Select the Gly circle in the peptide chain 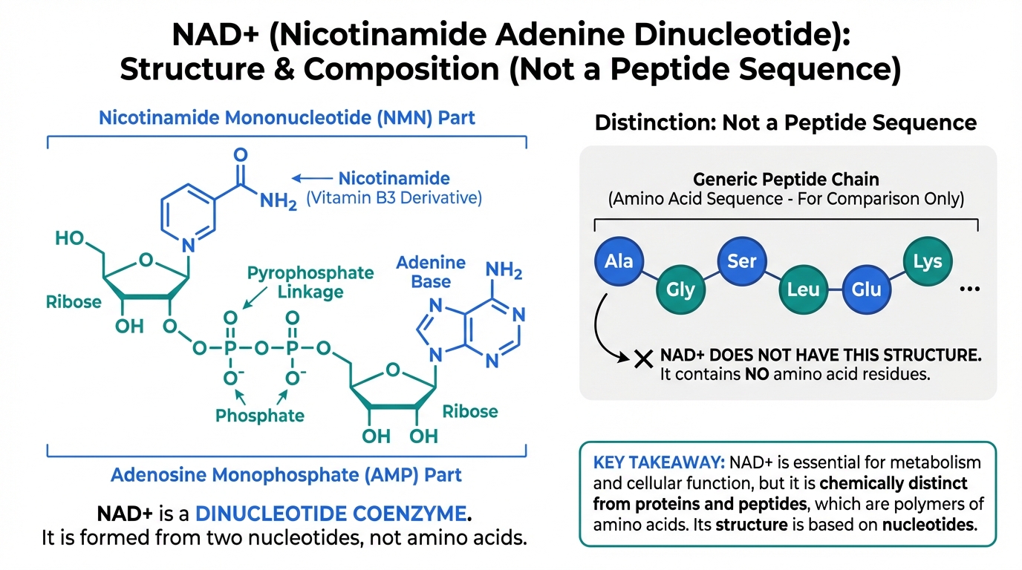[680, 289]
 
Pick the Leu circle [803, 289]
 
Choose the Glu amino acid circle [866, 289]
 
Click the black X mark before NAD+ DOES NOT [643, 360]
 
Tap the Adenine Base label [431, 272]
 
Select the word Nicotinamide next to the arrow [394, 178]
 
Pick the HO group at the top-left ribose [71, 239]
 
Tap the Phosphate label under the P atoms [260, 415]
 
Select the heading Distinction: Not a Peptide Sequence [786, 122]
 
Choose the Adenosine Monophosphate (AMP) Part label [286, 474]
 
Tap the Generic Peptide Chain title [786, 179]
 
